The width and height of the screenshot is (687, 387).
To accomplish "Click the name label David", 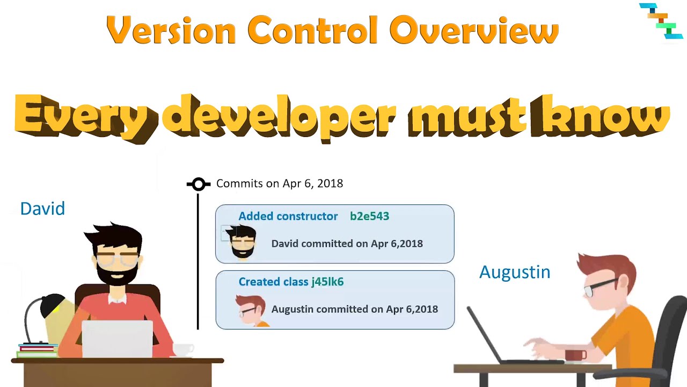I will (42, 209).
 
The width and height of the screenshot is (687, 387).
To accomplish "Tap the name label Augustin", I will (514, 272).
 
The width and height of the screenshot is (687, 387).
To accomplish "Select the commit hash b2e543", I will (369, 216).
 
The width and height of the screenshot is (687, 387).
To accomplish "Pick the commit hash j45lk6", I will (327, 282).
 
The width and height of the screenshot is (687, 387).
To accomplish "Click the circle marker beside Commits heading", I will (199, 184).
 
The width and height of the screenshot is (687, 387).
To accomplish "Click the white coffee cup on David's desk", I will (183, 349).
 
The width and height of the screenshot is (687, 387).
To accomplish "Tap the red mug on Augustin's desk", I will (575, 355).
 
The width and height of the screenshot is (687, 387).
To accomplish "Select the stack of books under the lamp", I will (37, 350).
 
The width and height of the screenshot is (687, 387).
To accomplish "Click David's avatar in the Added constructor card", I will (242, 242).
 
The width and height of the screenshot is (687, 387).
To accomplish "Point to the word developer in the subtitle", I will (279, 118).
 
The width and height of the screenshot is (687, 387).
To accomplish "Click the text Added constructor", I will (288, 216).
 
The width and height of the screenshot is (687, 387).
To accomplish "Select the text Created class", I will (273, 282).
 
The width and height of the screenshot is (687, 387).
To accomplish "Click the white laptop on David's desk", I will (117, 339).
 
